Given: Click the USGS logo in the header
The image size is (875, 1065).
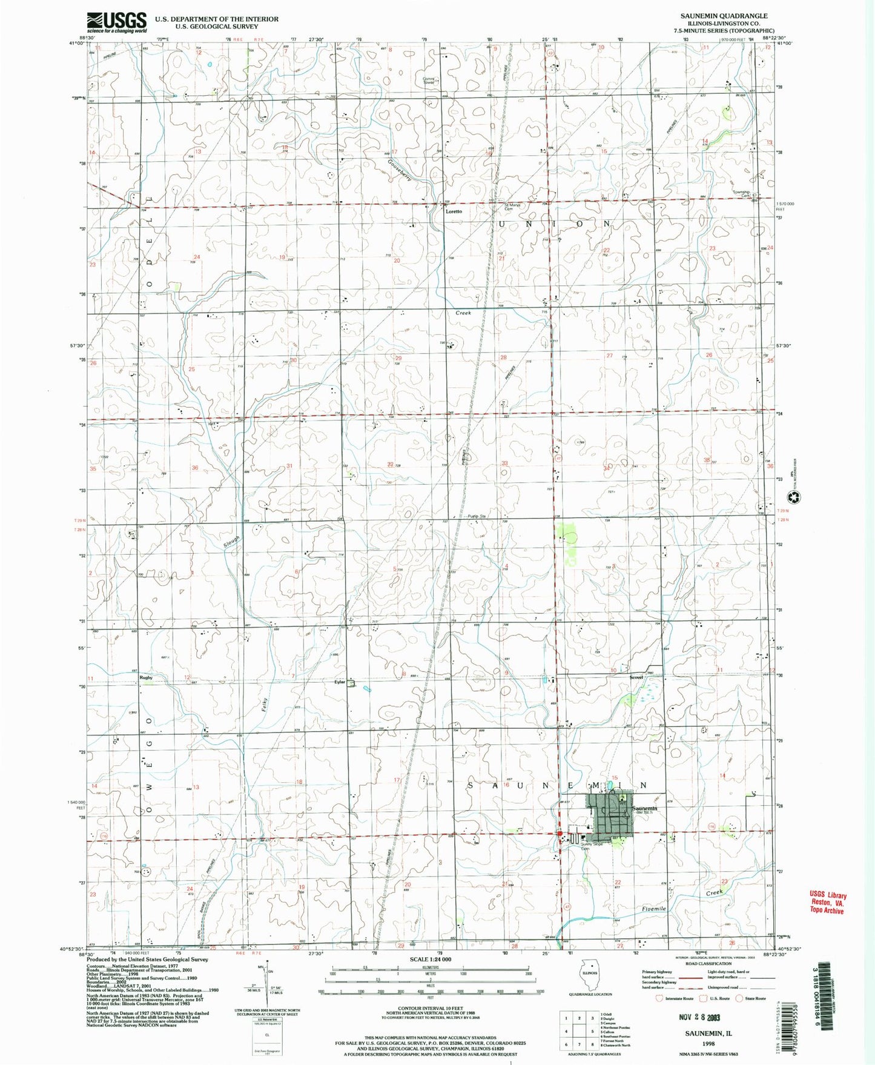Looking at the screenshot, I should pyautogui.click(x=116, y=23).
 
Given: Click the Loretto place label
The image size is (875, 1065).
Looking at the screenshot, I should pyautogui.click(x=454, y=211).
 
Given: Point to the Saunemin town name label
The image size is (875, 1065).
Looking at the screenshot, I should pyautogui.click(x=644, y=808).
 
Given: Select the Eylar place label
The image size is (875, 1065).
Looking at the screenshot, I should pyautogui.click(x=339, y=682).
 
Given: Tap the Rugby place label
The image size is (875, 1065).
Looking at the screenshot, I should pyautogui.click(x=145, y=677).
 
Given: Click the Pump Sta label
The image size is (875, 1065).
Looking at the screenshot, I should pyautogui.click(x=477, y=516).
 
